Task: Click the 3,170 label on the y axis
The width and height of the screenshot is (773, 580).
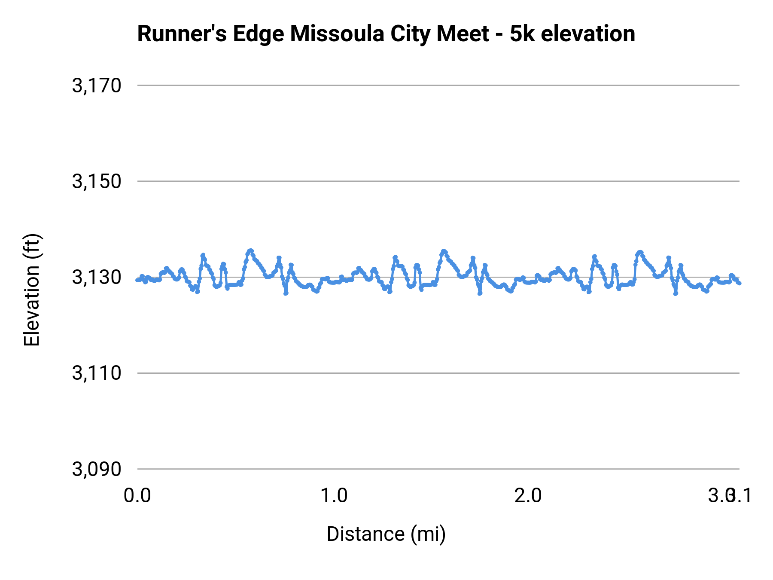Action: [97, 85]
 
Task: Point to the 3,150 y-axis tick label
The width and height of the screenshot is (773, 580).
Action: [97, 181]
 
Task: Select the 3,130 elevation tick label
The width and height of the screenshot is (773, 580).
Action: [97, 278]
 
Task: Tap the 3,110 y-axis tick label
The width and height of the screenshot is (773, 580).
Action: [97, 373]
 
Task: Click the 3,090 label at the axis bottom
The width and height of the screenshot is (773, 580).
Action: [97, 469]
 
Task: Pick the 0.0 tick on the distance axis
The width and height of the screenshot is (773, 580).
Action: [137, 496]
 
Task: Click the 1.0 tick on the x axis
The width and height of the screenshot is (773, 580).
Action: [334, 496]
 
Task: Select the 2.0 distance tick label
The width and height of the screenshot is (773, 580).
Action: [528, 496]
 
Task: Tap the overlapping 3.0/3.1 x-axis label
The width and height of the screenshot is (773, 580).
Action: [730, 496]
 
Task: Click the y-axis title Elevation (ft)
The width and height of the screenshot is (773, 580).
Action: [32, 290]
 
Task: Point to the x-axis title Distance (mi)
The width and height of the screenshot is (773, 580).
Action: [386, 534]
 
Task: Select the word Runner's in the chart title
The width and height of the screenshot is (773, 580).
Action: [182, 34]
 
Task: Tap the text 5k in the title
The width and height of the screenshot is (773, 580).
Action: [522, 34]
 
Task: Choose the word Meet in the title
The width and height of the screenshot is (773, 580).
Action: [463, 34]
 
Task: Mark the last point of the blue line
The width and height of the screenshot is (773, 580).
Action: [739, 283]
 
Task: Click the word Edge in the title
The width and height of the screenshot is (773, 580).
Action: [259, 34]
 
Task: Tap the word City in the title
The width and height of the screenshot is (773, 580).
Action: [410, 34]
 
